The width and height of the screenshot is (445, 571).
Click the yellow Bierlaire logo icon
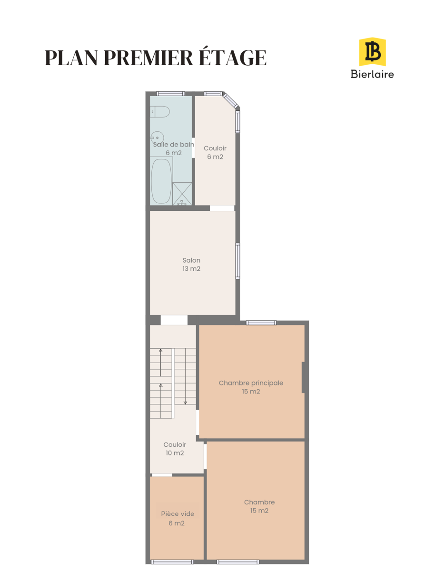click(x=372, y=52)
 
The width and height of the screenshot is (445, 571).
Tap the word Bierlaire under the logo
click(x=372, y=74)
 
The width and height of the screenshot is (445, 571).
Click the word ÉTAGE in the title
click(x=233, y=57)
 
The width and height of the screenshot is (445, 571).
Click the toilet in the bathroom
click(x=160, y=112)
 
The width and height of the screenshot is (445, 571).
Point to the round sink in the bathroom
click(x=157, y=138)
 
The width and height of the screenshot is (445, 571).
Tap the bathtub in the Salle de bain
click(x=161, y=181)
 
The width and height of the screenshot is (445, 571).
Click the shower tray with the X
click(x=182, y=194)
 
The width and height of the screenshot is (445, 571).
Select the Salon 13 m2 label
click(x=191, y=265)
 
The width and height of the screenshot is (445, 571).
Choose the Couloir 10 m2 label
click(x=175, y=449)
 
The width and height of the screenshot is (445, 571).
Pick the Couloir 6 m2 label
click(x=215, y=152)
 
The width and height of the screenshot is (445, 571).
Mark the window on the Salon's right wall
click(x=237, y=261)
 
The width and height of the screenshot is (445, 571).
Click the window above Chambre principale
click(x=261, y=323)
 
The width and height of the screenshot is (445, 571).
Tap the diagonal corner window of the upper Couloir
click(x=230, y=101)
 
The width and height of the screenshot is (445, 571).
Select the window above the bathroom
click(x=170, y=94)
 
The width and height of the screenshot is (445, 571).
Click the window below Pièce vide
click(x=172, y=562)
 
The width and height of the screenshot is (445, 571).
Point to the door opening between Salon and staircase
click(x=174, y=320)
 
